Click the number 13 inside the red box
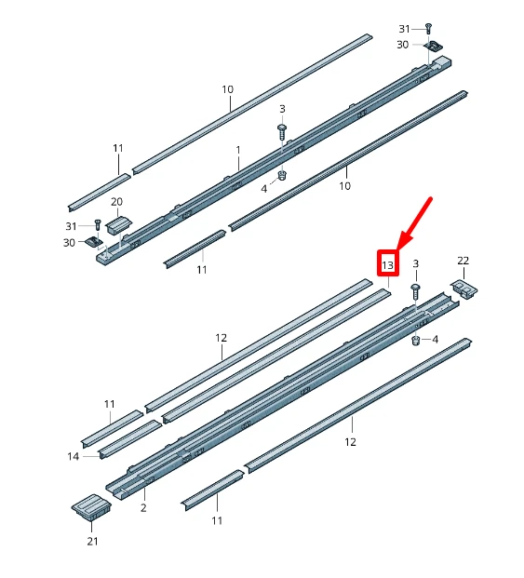point(388,264)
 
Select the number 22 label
point(463,260)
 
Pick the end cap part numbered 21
point(91,507)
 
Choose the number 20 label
point(116,201)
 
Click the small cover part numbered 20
point(115,223)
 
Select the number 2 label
point(142,508)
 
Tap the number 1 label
point(237,149)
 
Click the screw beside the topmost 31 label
point(428,29)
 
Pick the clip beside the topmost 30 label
point(432,46)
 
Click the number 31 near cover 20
point(72,225)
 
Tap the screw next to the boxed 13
point(416,291)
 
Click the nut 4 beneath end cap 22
point(417,340)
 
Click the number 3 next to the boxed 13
point(415,264)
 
